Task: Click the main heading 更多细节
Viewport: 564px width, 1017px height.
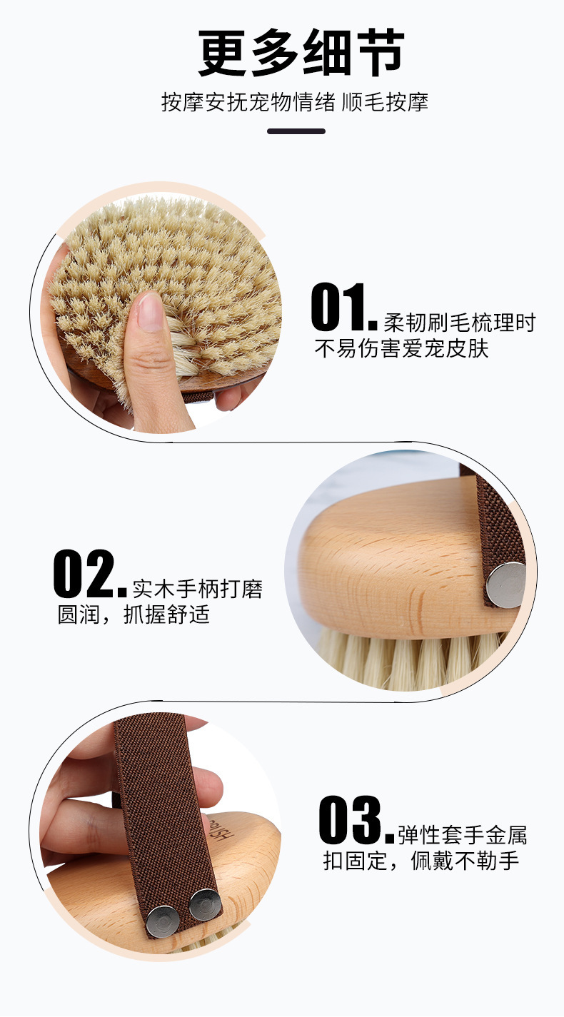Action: pos(301,54)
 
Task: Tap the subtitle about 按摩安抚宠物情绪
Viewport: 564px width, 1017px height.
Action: pos(294,102)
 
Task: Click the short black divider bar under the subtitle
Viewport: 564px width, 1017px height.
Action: pos(296,131)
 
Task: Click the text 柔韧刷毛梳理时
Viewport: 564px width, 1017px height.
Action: pos(459,323)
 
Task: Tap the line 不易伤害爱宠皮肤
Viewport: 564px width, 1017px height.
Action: pos(401,349)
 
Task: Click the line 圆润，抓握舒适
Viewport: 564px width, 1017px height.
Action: pos(134,614)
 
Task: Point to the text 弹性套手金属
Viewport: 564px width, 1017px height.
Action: pos(463,835)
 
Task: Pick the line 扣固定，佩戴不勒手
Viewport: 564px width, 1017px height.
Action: pos(421,861)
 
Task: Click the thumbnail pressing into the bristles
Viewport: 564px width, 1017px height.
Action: pos(150,313)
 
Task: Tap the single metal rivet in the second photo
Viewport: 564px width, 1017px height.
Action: pos(505,584)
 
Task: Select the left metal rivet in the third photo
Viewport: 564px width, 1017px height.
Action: pos(161,921)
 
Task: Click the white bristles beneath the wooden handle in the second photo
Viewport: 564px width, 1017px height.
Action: pos(400,660)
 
